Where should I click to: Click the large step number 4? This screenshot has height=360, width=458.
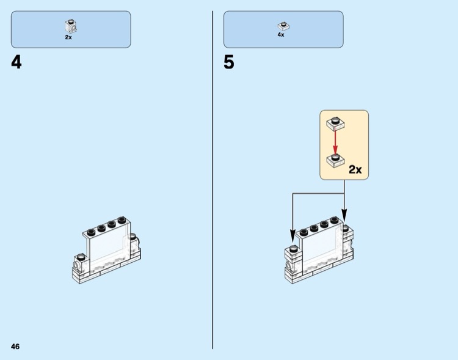pyautogui.click(x=16, y=62)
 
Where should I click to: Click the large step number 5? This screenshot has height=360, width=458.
pyautogui.click(x=228, y=62)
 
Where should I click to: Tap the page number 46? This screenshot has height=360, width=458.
pyautogui.click(x=15, y=347)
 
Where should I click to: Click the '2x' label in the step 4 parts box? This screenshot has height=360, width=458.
pyautogui.click(x=68, y=37)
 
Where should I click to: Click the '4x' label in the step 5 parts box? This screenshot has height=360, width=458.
pyautogui.click(x=281, y=35)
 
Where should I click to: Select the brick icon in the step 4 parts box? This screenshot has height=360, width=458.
pyautogui.click(x=70, y=26)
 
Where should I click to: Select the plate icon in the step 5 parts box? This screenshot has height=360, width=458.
pyautogui.click(x=282, y=26)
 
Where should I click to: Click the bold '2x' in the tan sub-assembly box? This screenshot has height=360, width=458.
pyautogui.click(x=355, y=169)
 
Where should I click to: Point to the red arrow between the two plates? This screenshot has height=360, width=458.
pyautogui.click(x=335, y=141)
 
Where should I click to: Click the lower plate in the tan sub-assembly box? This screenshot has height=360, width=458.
pyautogui.click(x=335, y=161)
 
